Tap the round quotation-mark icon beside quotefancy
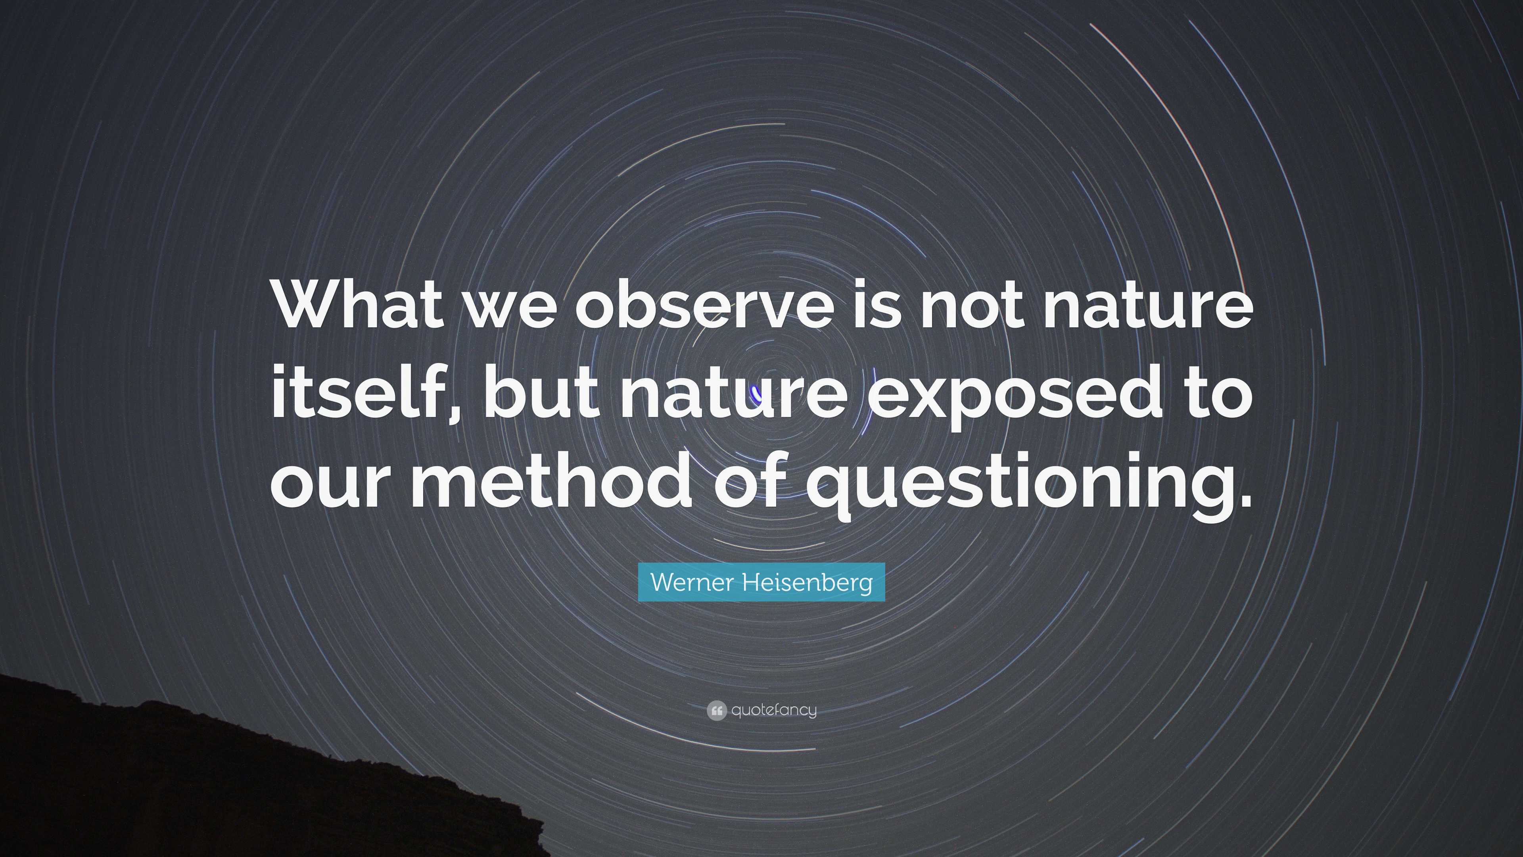click(x=716, y=710)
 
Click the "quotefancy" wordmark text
click(x=774, y=710)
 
